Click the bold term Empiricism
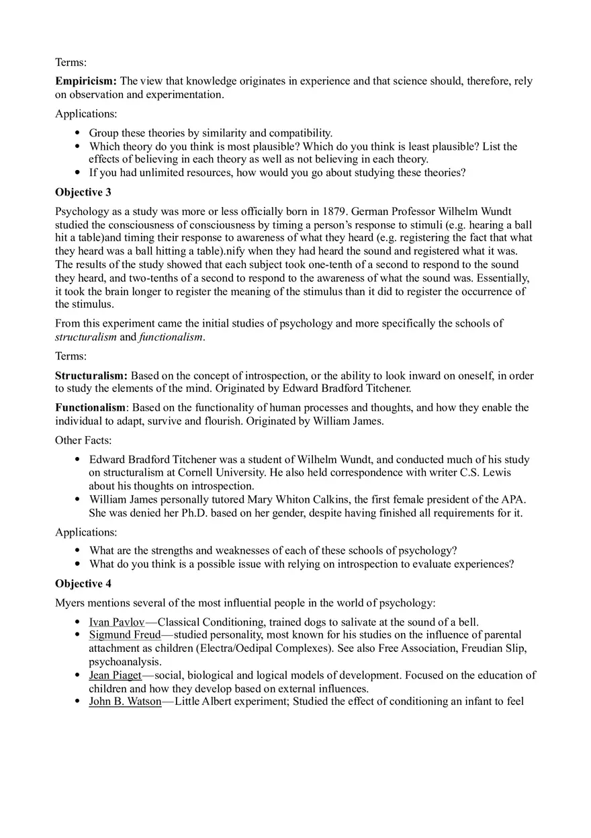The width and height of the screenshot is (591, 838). pyautogui.click(x=85, y=81)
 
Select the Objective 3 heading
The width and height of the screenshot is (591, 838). pyautogui.click(x=83, y=192)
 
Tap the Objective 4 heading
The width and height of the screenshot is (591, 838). pyautogui.click(x=83, y=583)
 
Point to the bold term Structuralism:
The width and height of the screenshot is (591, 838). pyautogui.click(x=91, y=376)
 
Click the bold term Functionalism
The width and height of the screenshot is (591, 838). pyautogui.click(x=90, y=408)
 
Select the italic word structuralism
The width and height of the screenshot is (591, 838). pyautogui.click(x=85, y=337)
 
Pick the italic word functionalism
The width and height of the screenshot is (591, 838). pyautogui.click(x=171, y=337)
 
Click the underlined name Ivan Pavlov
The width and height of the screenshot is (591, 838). pyautogui.click(x=116, y=622)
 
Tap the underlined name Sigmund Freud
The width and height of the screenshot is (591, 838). pyautogui.click(x=124, y=635)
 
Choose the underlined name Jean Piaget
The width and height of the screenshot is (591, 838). pyautogui.click(x=115, y=675)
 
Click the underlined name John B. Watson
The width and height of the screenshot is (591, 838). pyautogui.click(x=125, y=702)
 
